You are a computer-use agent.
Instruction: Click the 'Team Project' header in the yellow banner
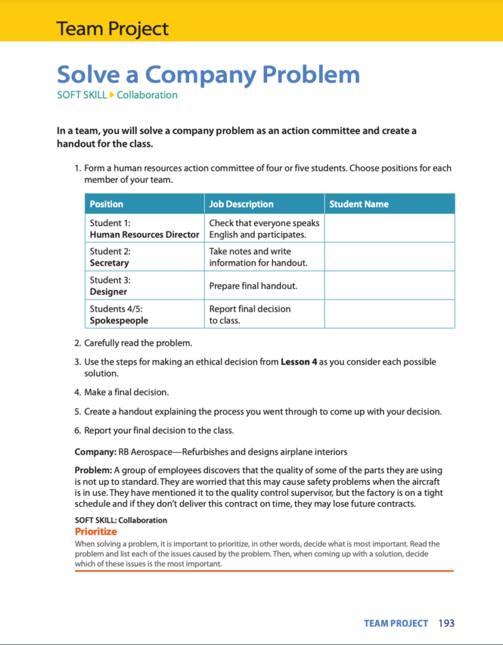click(x=112, y=28)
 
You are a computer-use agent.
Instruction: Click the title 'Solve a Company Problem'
click(x=208, y=75)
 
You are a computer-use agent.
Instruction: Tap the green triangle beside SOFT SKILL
click(x=112, y=95)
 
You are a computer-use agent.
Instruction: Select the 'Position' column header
click(x=107, y=204)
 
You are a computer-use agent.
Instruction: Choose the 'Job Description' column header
click(x=241, y=204)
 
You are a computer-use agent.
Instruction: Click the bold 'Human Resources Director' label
click(x=144, y=234)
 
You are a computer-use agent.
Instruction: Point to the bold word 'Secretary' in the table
click(x=109, y=263)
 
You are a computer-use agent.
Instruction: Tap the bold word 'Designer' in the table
click(x=108, y=292)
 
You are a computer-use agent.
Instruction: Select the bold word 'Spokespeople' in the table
click(x=119, y=320)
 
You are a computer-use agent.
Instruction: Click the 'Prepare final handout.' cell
click(x=253, y=286)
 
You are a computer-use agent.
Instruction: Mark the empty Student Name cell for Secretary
click(x=389, y=257)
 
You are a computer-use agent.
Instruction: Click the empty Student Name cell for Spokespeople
click(x=389, y=314)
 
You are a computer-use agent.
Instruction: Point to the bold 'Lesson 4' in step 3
click(x=298, y=362)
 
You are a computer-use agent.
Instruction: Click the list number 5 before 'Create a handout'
click(x=77, y=412)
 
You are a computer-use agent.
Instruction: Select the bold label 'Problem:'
click(x=93, y=471)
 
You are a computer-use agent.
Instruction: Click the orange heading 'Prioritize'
click(x=96, y=532)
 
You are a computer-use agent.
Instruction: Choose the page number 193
click(x=446, y=624)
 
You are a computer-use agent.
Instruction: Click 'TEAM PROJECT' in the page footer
click(x=396, y=624)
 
